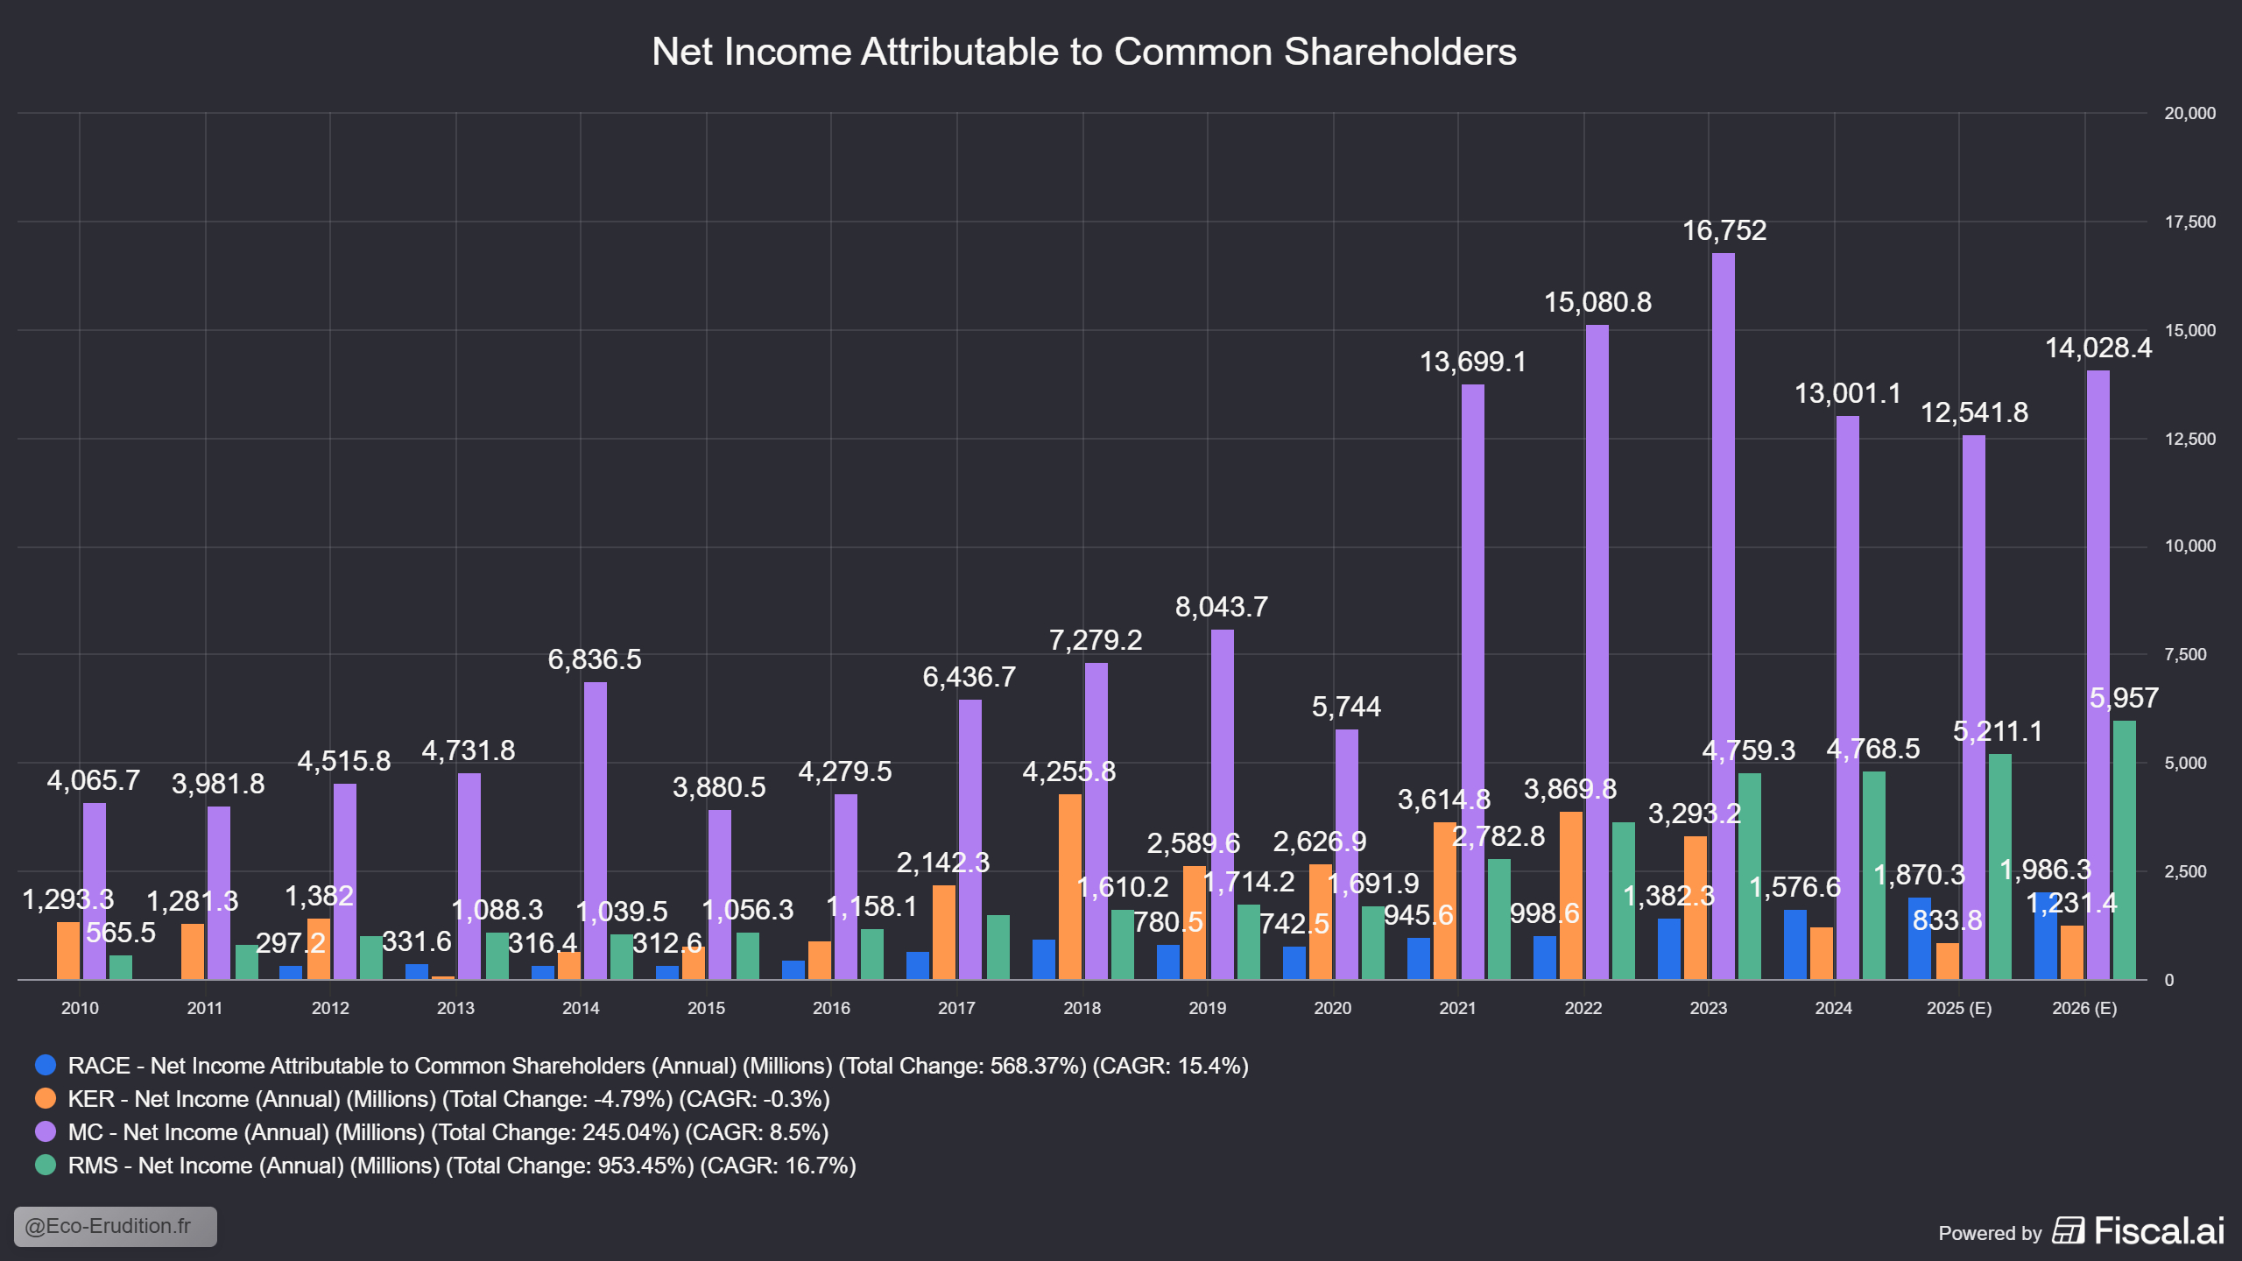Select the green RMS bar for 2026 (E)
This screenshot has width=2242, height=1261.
(x=2124, y=849)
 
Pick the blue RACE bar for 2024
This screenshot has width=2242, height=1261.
(x=1794, y=944)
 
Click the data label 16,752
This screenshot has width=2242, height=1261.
(x=1724, y=230)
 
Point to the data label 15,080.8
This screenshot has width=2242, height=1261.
(x=1597, y=302)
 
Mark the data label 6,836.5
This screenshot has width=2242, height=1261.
(x=595, y=659)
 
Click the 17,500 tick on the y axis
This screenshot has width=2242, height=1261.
(x=2189, y=222)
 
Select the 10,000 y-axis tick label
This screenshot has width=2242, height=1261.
(x=2189, y=546)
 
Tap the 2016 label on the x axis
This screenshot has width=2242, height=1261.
(x=831, y=1008)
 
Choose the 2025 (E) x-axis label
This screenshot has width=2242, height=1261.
(x=1959, y=1008)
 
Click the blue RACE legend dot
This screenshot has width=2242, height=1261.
(x=46, y=1065)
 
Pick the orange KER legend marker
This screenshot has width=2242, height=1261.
(x=46, y=1098)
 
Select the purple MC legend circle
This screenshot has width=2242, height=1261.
(x=46, y=1131)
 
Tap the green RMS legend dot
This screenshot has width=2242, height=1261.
(x=46, y=1165)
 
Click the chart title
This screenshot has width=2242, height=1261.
(x=1084, y=52)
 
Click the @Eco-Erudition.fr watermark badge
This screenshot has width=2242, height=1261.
(x=115, y=1226)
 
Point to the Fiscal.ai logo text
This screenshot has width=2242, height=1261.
(x=2158, y=1231)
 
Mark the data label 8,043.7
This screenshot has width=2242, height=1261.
(x=1221, y=607)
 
